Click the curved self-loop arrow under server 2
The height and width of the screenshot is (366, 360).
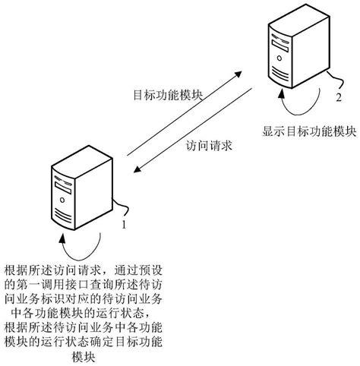coord(300,105)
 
